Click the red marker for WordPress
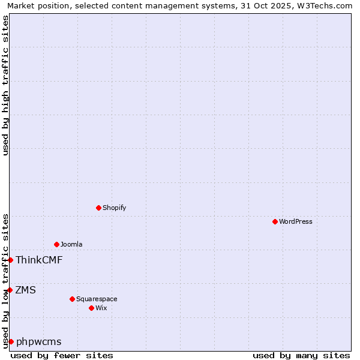275,221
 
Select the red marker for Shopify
98,208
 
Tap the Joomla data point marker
56,244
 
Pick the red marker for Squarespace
72,299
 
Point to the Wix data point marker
91,308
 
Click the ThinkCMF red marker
10,260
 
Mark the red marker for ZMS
10,290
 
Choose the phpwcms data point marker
11,341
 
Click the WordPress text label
296,221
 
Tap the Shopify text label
114,208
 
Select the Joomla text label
71,244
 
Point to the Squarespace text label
97,299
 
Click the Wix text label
101,308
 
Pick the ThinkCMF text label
39,260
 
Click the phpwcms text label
39,341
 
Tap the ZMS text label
26,290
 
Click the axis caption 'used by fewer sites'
62,355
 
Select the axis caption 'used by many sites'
301,355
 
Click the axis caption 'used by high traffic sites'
5,85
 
